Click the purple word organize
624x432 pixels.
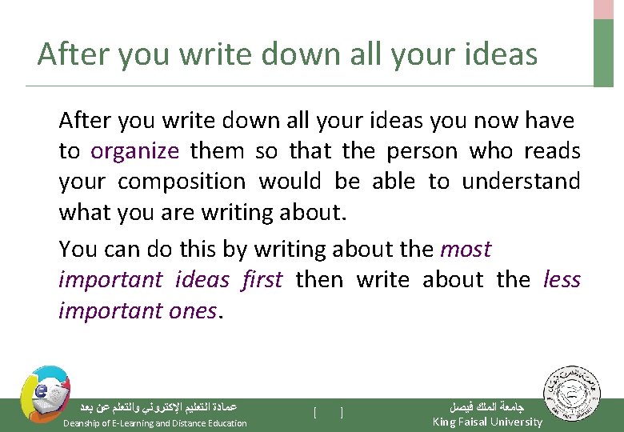tap(134, 151)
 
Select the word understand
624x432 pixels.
tap(521, 182)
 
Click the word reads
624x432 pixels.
tap(553, 151)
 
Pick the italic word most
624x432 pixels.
tap(465, 250)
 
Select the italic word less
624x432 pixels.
tap(562, 280)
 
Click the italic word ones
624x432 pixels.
tap(194, 310)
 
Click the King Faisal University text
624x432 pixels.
tap(486, 422)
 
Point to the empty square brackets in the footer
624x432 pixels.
tap(328, 413)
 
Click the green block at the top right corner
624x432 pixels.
tap(604, 52)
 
